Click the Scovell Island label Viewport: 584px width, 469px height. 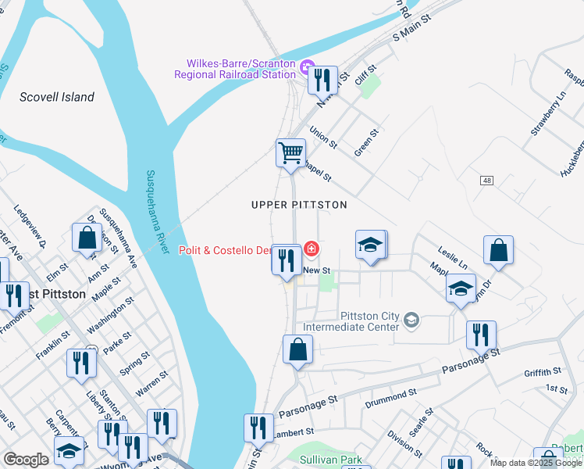pyautogui.click(x=57, y=97)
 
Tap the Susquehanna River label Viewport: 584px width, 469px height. pyautogui.click(x=157, y=212)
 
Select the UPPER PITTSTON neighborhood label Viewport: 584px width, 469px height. pyautogui.click(x=298, y=204)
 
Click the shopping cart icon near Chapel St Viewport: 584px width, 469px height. pyautogui.click(x=290, y=152)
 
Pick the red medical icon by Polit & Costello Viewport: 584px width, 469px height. pyautogui.click(x=312, y=249)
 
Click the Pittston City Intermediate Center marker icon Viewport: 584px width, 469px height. pyautogui.click(x=411, y=319)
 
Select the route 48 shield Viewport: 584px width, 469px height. pyautogui.click(x=487, y=181)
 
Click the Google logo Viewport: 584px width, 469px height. pyautogui.click(x=27, y=460)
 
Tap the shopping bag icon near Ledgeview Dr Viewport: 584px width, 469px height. pyautogui.click(x=86, y=237)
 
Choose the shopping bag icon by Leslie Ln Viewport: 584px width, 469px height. pyautogui.click(x=497, y=249)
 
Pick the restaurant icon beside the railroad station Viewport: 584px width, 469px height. pyautogui.click(x=322, y=78)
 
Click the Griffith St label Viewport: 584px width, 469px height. pyautogui.click(x=543, y=372)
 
